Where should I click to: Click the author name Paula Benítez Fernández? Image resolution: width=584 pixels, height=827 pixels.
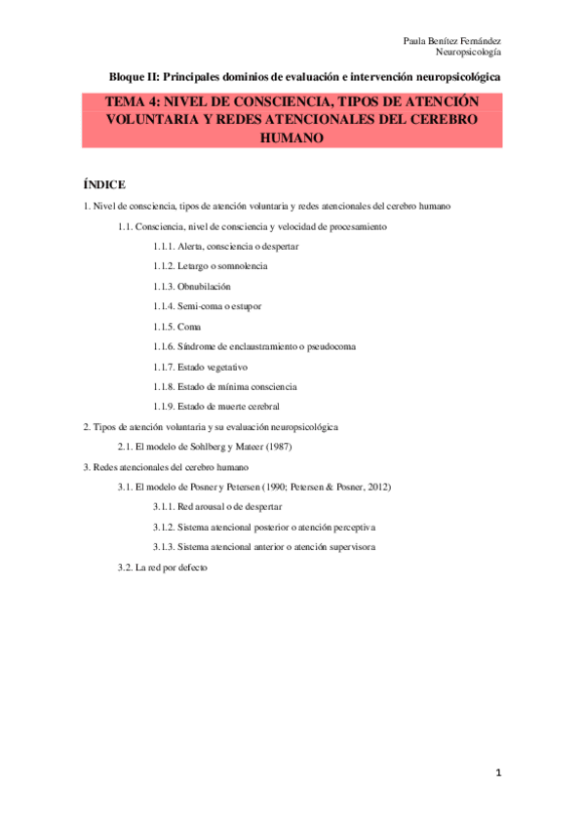click(x=451, y=41)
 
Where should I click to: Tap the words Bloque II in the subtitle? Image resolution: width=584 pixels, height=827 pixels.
click(x=133, y=76)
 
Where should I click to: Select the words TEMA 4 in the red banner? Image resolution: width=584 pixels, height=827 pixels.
click(x=134, y=101)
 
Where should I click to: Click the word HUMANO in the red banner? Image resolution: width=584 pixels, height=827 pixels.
click(x=292, y=138)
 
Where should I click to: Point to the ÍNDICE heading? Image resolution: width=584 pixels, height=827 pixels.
click(x=105, y=184)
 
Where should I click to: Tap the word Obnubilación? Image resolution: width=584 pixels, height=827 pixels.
click(x=204, y=286)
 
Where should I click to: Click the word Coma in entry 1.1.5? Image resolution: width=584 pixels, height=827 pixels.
click(x=189, y=326)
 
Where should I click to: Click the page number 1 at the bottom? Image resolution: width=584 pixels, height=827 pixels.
click(x=498, y=773)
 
